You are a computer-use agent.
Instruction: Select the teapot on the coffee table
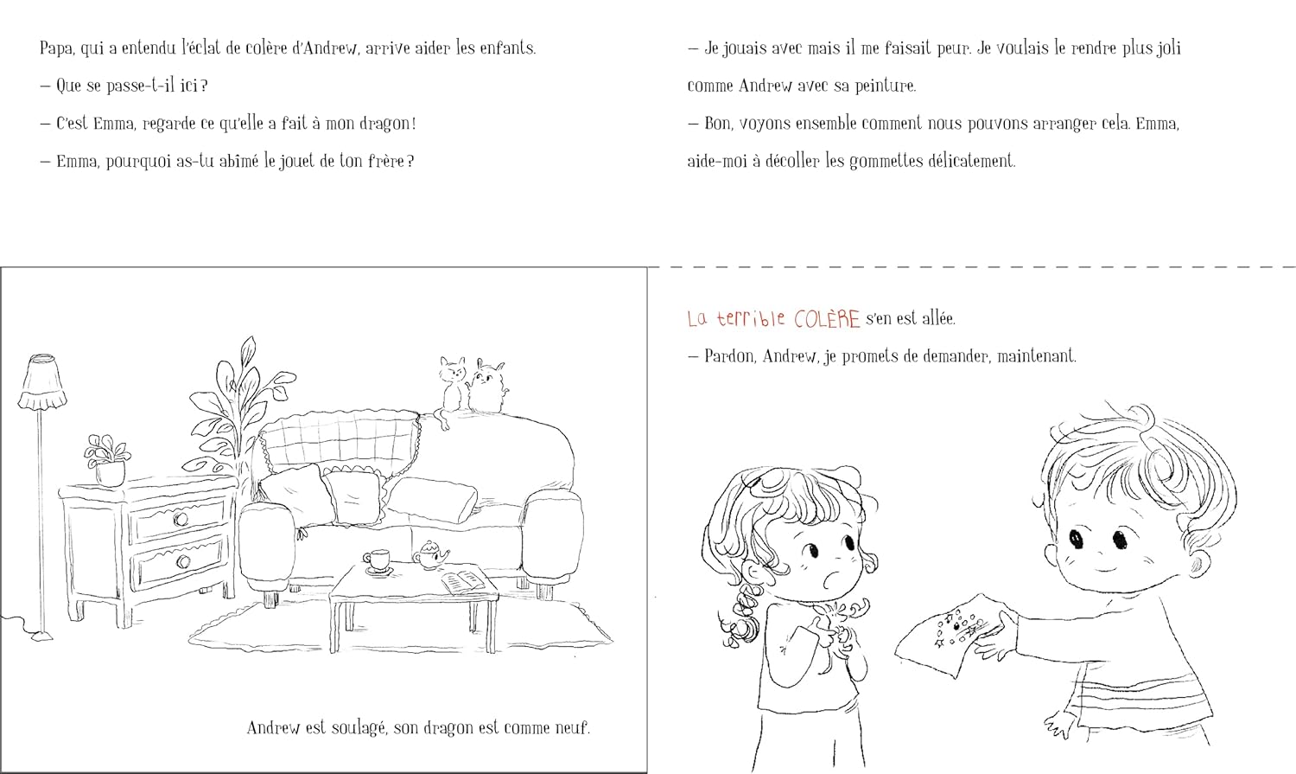pyautogui.click(x=429, y=554)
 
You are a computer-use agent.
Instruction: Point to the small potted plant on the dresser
pyautogui.click(x=108, y=461)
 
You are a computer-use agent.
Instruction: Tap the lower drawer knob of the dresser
pyautogui.click(x=183, y=560)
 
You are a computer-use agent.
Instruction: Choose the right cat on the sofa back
pyautogui.click(x=488, y=386)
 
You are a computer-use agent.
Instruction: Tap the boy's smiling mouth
pyautogui.click(x=1104, y=570)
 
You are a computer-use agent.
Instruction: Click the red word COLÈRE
pyautogui.click(x=827, y=319)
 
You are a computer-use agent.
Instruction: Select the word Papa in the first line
pyautogui.click(x=56, y=48)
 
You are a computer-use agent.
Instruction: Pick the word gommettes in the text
pyautogui.click(x=886, y=162)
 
